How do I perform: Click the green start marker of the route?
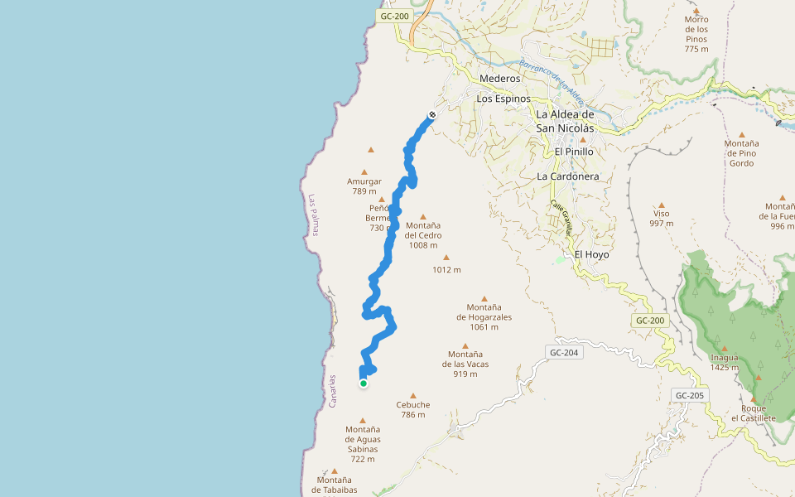point(364,384)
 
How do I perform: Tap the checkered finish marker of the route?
point(432,114)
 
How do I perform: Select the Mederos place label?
point(500,79)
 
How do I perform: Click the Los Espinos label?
point(503,99)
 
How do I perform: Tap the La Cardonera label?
point(567,176)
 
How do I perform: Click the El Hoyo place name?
point(591,254)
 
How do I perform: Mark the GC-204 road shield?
point(563,353)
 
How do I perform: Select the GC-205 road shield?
point(689,395)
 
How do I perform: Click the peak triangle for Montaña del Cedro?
point(423,217)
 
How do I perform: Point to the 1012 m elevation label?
point(446,269)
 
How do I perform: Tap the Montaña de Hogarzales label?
point(484,316)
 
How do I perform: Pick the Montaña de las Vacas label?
point(465,364)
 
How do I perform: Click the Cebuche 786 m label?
point(413,409)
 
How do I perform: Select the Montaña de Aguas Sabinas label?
point(363,444)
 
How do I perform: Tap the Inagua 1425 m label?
point(725,363)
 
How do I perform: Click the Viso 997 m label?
point(661,219)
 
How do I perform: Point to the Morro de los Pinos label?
point(697,34)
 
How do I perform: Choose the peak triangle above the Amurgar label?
point(371,150)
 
